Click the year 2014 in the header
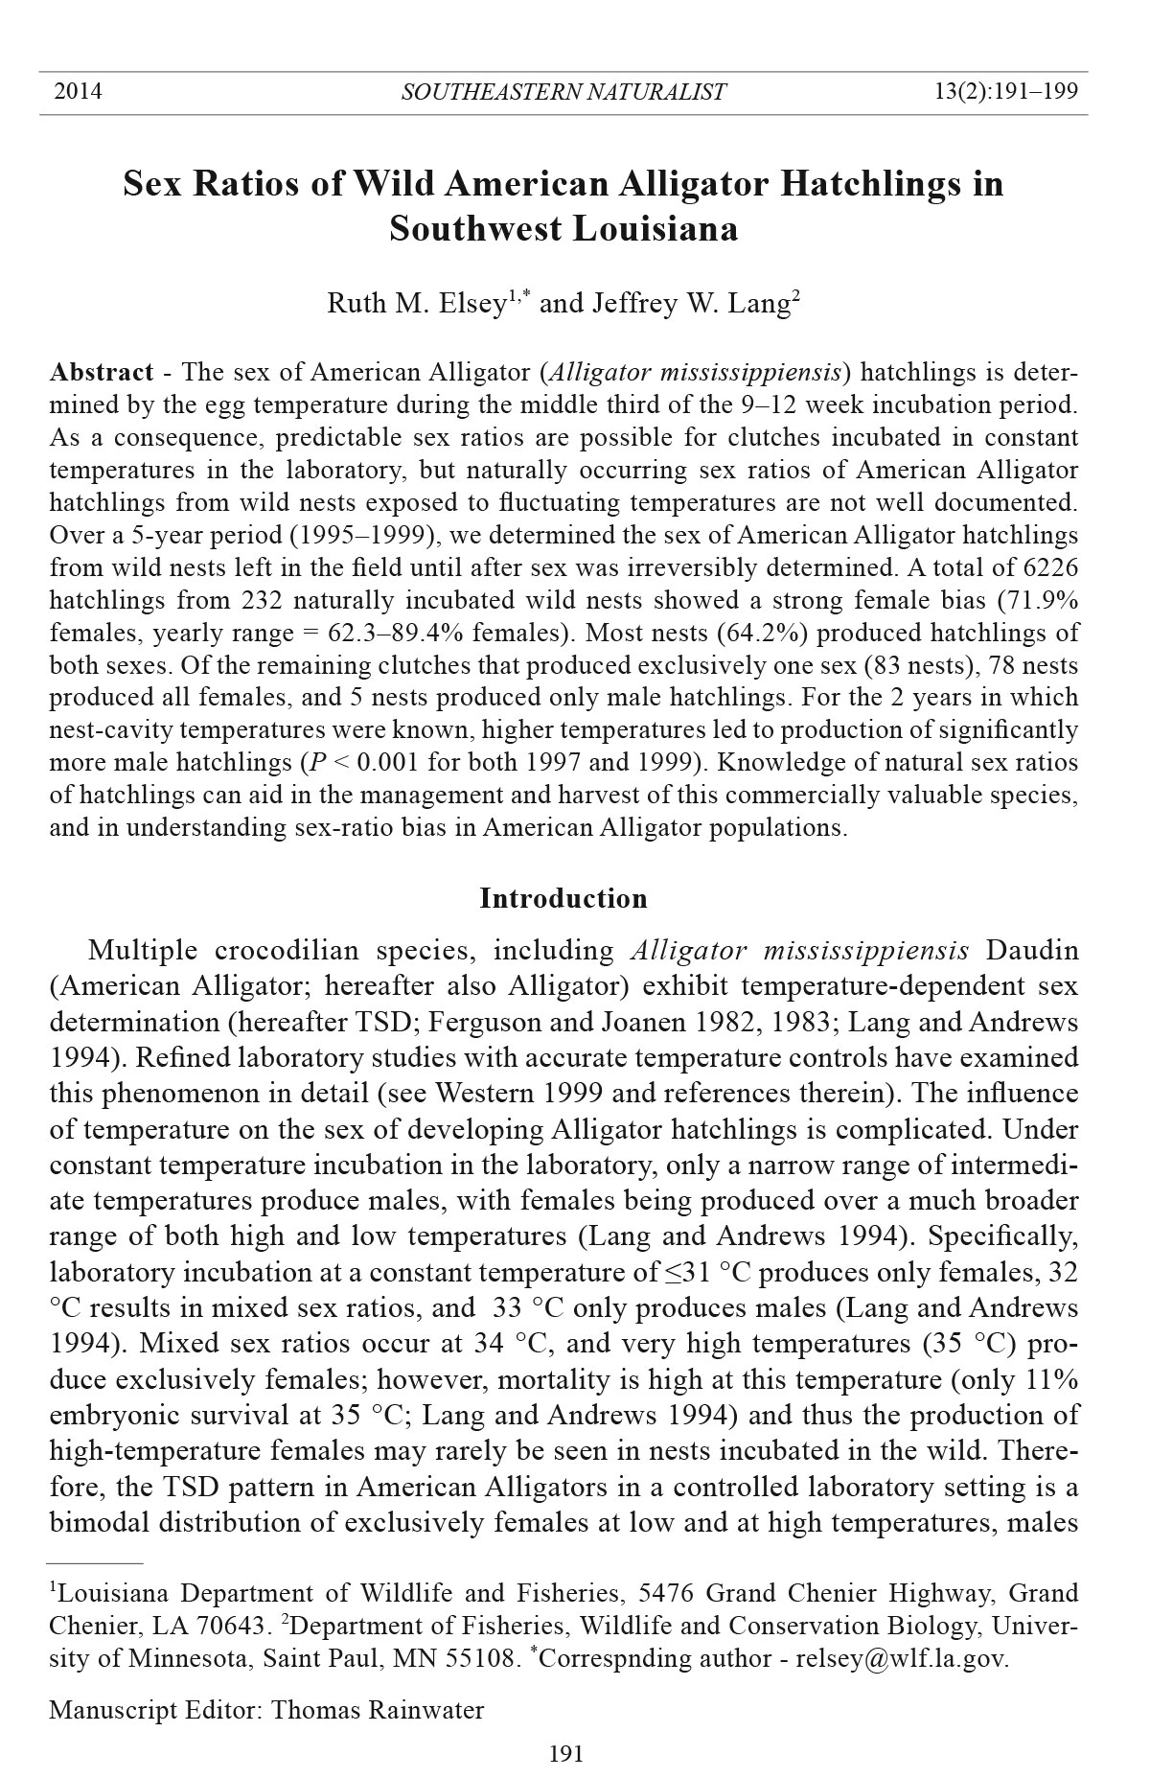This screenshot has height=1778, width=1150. tap(79, 92)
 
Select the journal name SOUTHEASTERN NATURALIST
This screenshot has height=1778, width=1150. tap(563, 92)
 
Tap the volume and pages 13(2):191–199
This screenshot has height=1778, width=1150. tap(1006, 92)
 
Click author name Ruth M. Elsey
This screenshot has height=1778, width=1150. tap(416, 304)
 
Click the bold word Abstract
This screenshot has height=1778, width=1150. tap(101, 372)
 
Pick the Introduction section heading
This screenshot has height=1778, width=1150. tap(563, 898)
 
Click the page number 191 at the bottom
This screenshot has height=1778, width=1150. tap(565, 1754)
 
